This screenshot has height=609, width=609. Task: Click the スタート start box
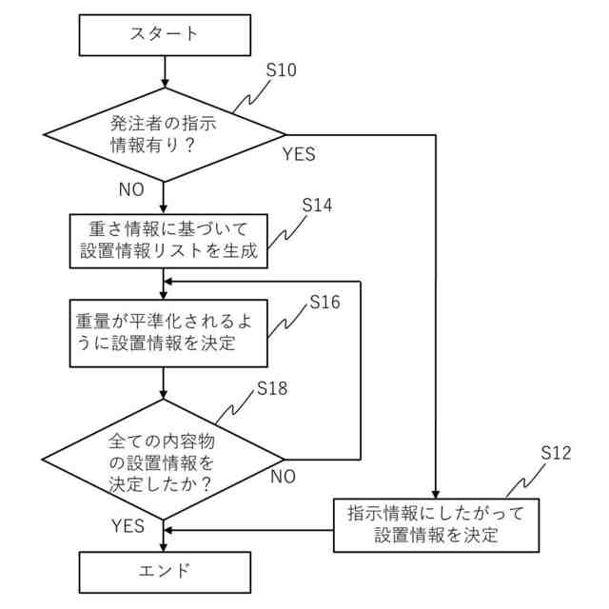165,34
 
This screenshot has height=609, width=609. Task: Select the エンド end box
165,571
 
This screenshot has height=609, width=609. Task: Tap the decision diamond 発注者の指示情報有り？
165,134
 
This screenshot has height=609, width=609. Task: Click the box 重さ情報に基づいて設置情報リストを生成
165,242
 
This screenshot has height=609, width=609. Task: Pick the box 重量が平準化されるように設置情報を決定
165,333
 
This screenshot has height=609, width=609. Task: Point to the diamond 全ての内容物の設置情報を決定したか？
165,458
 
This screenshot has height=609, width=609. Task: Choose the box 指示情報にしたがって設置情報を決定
436,523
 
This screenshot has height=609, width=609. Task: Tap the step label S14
317,206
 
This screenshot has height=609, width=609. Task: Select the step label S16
324,303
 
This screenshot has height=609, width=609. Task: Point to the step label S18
273,388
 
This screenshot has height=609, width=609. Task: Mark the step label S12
556,453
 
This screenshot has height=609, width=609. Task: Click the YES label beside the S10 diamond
299,154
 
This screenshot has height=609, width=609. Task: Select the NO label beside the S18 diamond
283,476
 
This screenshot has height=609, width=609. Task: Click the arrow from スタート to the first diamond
165,70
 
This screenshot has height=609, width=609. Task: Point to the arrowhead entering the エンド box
165,547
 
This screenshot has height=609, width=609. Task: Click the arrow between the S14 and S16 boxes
165,284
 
